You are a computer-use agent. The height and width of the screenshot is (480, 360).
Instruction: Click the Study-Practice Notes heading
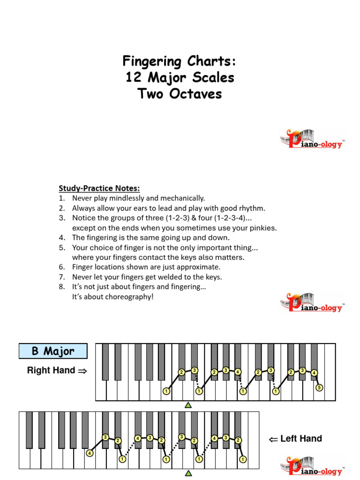[x=99, y=188]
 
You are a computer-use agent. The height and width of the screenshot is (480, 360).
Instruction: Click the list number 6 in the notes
[x=61, y=267]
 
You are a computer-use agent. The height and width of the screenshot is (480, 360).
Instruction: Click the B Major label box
[x=53, y=351]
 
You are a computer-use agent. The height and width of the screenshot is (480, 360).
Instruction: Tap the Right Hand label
[x=51, y=370]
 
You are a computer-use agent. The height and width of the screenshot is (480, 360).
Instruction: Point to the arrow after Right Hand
[x=82, y=371]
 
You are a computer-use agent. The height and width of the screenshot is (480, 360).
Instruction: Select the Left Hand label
[x=301, y=439]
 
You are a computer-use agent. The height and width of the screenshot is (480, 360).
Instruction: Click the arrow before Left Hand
[x=273, y=439]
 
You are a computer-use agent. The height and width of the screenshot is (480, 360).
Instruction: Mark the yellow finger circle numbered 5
[x=319, y=388]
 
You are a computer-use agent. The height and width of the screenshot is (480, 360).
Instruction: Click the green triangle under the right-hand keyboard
[x=188, y=405]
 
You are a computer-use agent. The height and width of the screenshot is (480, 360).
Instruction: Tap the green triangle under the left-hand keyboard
[x=188, y=473]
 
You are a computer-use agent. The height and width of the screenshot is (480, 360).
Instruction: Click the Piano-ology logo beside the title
[x=312, y=139]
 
